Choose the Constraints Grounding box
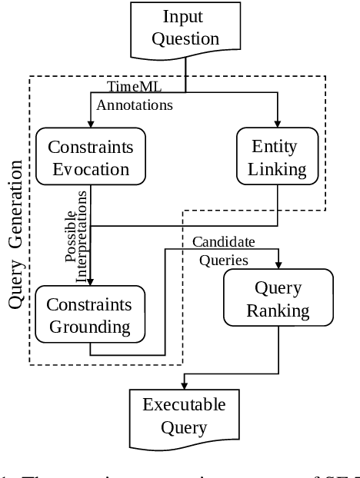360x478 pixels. click(90, 314)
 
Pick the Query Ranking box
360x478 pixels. click(277, 299)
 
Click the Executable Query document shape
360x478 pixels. click(184, 416)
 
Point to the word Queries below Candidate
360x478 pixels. click(224, 259)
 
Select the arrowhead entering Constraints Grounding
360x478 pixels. click(91, 281)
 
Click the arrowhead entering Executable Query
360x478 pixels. click(184, 387)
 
